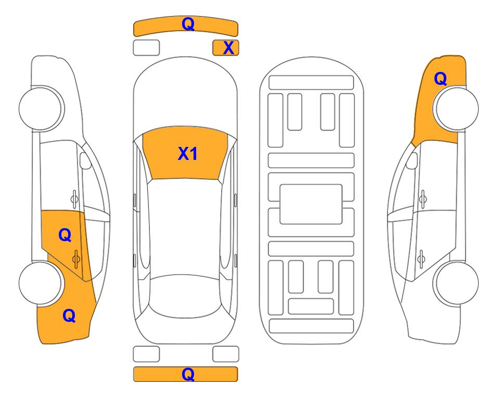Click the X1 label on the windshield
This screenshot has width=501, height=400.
(x=188, y=154)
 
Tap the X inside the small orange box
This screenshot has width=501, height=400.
(x=228, y=48)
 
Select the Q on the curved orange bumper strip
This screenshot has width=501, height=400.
(x=188, y=23)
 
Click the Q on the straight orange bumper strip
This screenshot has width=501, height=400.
(x=188, y=374)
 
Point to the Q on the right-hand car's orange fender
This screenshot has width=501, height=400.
(x=440, y=79)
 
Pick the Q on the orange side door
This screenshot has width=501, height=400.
(x=65, y=235)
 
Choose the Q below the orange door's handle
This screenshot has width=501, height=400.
(x=69, y=316)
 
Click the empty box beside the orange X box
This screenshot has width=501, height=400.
(x=146, y=48)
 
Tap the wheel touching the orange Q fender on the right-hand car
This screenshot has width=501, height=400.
(x=456, y=108)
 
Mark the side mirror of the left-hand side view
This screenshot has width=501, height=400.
(x=85, y=160)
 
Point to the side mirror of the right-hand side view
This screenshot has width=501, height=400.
(x=412, y=160)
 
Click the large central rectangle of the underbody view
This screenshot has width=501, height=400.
(x=311, y=204)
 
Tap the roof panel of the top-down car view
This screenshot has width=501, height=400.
(x=186, y=227)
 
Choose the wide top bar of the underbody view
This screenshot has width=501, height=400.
(x=311, y=83)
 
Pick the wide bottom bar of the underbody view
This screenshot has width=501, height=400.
(x=312, y=326)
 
